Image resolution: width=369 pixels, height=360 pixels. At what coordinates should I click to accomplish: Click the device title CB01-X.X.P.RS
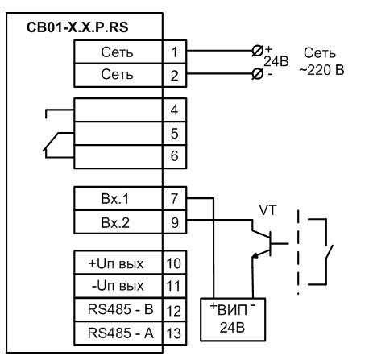click(77, 27)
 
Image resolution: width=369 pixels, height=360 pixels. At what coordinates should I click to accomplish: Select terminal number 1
click(175, 52)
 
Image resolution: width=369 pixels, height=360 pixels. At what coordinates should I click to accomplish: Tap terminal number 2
click(175, 76)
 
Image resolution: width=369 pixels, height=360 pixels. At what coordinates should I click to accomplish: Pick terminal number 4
click(175, 110)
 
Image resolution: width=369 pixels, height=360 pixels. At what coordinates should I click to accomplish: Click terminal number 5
click(175, 134)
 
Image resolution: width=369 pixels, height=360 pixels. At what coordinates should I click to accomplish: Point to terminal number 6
click(175, 156)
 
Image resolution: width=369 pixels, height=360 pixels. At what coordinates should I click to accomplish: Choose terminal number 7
click(175, 199)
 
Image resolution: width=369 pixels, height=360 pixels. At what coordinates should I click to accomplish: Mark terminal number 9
click(175, 222)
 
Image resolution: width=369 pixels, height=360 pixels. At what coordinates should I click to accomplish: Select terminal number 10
click(174, 263)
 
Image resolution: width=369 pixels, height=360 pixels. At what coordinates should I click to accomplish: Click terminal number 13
click(174, 333)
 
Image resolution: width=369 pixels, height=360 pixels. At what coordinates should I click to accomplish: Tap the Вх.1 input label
click(115, 199)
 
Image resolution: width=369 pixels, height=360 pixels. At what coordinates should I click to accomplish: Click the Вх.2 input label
click(115, 222)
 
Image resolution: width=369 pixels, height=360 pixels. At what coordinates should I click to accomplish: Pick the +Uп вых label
click(116, 263)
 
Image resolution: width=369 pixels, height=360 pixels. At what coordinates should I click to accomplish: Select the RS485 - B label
click(121, 309)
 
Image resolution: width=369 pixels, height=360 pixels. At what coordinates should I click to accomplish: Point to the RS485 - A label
click(121, 333)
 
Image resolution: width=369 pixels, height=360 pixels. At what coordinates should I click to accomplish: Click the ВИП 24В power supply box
click(233, 320)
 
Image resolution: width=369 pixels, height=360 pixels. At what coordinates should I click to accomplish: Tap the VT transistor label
click(267, 210)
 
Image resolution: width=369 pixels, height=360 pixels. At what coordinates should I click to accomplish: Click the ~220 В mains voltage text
click(321, 70)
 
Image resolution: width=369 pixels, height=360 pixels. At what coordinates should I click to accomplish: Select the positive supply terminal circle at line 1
click(258, 51)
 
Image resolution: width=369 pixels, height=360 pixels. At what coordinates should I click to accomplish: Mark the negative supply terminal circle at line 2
click(258, 73)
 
